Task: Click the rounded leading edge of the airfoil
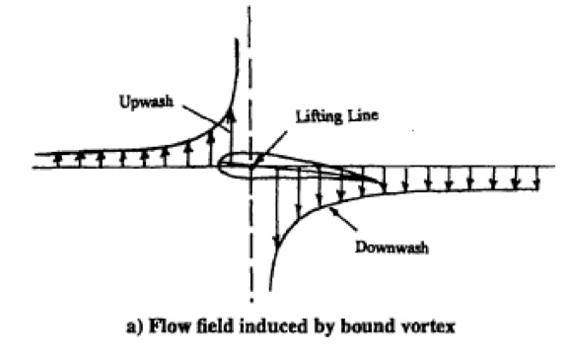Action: click(x=220, y=164)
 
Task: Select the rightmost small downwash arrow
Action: click(x=534, y=177)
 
